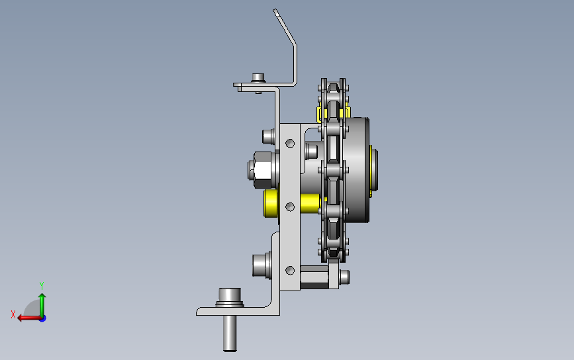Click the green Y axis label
pos(42,285)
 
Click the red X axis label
pos(13,314)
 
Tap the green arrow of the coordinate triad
pos(42,305)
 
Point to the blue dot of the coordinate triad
pos(43,319)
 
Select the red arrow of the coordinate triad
pos(29,318)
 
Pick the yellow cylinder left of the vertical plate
pos(271,203)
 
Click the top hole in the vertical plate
pos(290,143)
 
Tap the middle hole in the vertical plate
pos(290,207)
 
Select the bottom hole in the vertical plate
pos(290,271)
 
